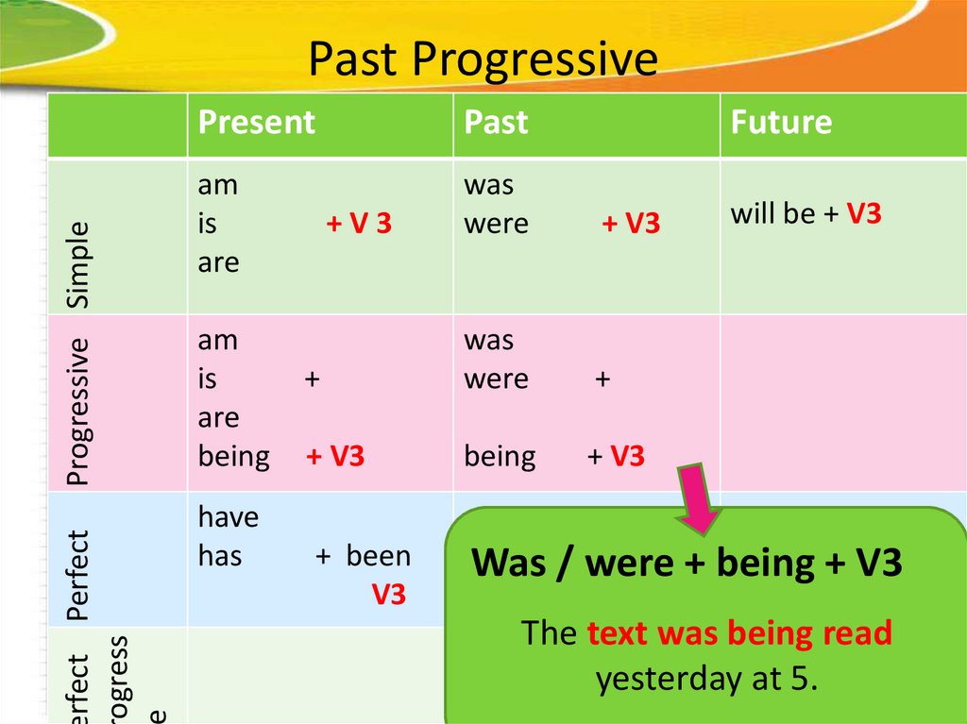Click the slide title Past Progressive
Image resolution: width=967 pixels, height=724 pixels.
point(483,60)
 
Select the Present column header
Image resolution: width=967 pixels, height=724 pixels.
point(256,123)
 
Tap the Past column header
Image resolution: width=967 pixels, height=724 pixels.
point(496,123)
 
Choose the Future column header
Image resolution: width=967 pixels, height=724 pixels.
point(781,123)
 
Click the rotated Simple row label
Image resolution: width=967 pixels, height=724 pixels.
point(79,264)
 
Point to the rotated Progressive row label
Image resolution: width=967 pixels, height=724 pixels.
point(79,411)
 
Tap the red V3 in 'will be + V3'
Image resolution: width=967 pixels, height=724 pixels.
point(863,213)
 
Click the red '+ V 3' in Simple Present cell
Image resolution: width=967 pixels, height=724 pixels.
point(359,225)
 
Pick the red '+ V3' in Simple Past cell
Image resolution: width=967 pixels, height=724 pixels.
point(630,225)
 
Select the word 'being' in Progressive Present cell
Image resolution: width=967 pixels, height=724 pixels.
point(233,457)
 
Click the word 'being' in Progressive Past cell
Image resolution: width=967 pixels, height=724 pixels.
point(500,457)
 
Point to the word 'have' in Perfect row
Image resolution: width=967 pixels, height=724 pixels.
point(228,517)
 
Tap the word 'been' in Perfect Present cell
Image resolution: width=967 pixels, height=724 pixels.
point(378,556)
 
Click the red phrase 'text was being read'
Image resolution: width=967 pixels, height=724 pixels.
point(739,632)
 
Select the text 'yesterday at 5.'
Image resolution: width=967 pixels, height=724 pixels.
point(705,679)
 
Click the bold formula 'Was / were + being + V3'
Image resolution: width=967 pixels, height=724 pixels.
point(687,564)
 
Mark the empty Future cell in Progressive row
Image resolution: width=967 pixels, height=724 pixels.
point(842,401)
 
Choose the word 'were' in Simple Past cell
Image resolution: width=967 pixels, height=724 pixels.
point(496,225)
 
